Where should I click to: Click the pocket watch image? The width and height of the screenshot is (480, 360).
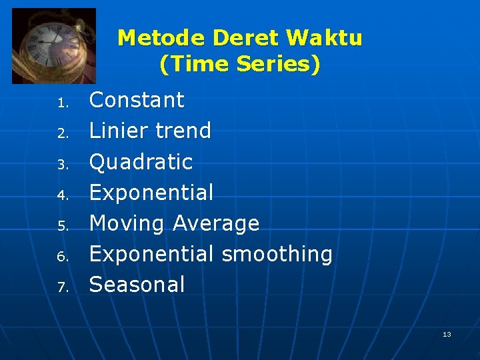pos(54,45)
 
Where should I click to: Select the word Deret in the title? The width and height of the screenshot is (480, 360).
pos(243,37)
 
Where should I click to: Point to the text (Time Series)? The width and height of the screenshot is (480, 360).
pos(240,64)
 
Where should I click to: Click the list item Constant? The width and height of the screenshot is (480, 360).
pos(137,100)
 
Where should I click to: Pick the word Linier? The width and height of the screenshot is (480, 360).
pos(117,131)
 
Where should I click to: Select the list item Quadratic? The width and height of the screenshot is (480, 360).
pos(141,162)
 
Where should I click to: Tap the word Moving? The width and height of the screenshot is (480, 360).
pos(127,223)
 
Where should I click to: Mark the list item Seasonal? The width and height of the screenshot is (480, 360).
pos(137,285)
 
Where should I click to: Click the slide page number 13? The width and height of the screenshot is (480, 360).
pos(447,334)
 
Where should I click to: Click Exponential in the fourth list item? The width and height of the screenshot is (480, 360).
pos(151,193)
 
